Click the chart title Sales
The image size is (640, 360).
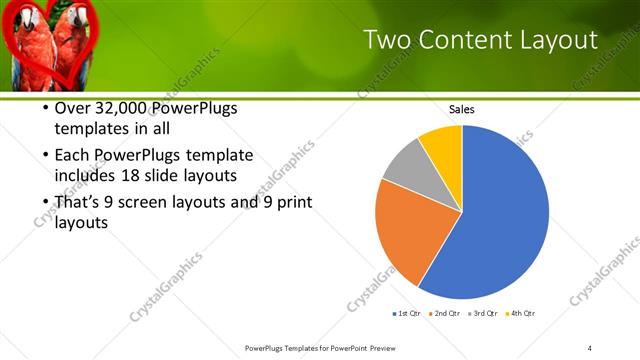(461, 109)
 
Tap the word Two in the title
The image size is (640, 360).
(385, 40)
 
